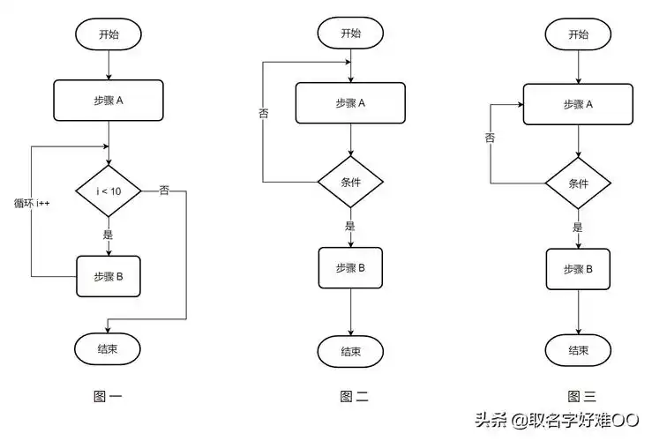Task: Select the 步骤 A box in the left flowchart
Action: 108,101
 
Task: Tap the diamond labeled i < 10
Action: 108,191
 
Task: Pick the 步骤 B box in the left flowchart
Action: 108,276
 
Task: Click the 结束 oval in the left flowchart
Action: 108,348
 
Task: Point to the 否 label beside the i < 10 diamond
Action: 164,190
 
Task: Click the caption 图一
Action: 108,397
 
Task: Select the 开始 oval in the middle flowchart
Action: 350,34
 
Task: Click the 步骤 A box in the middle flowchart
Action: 350,103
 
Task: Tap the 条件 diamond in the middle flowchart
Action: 350,183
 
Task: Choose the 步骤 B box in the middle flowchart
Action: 350,267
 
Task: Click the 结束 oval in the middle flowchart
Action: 350,352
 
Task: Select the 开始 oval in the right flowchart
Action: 578,34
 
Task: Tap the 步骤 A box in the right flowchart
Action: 578,104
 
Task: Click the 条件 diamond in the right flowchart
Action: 578,184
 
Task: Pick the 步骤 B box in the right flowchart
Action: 578,269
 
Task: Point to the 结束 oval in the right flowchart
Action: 578,350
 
